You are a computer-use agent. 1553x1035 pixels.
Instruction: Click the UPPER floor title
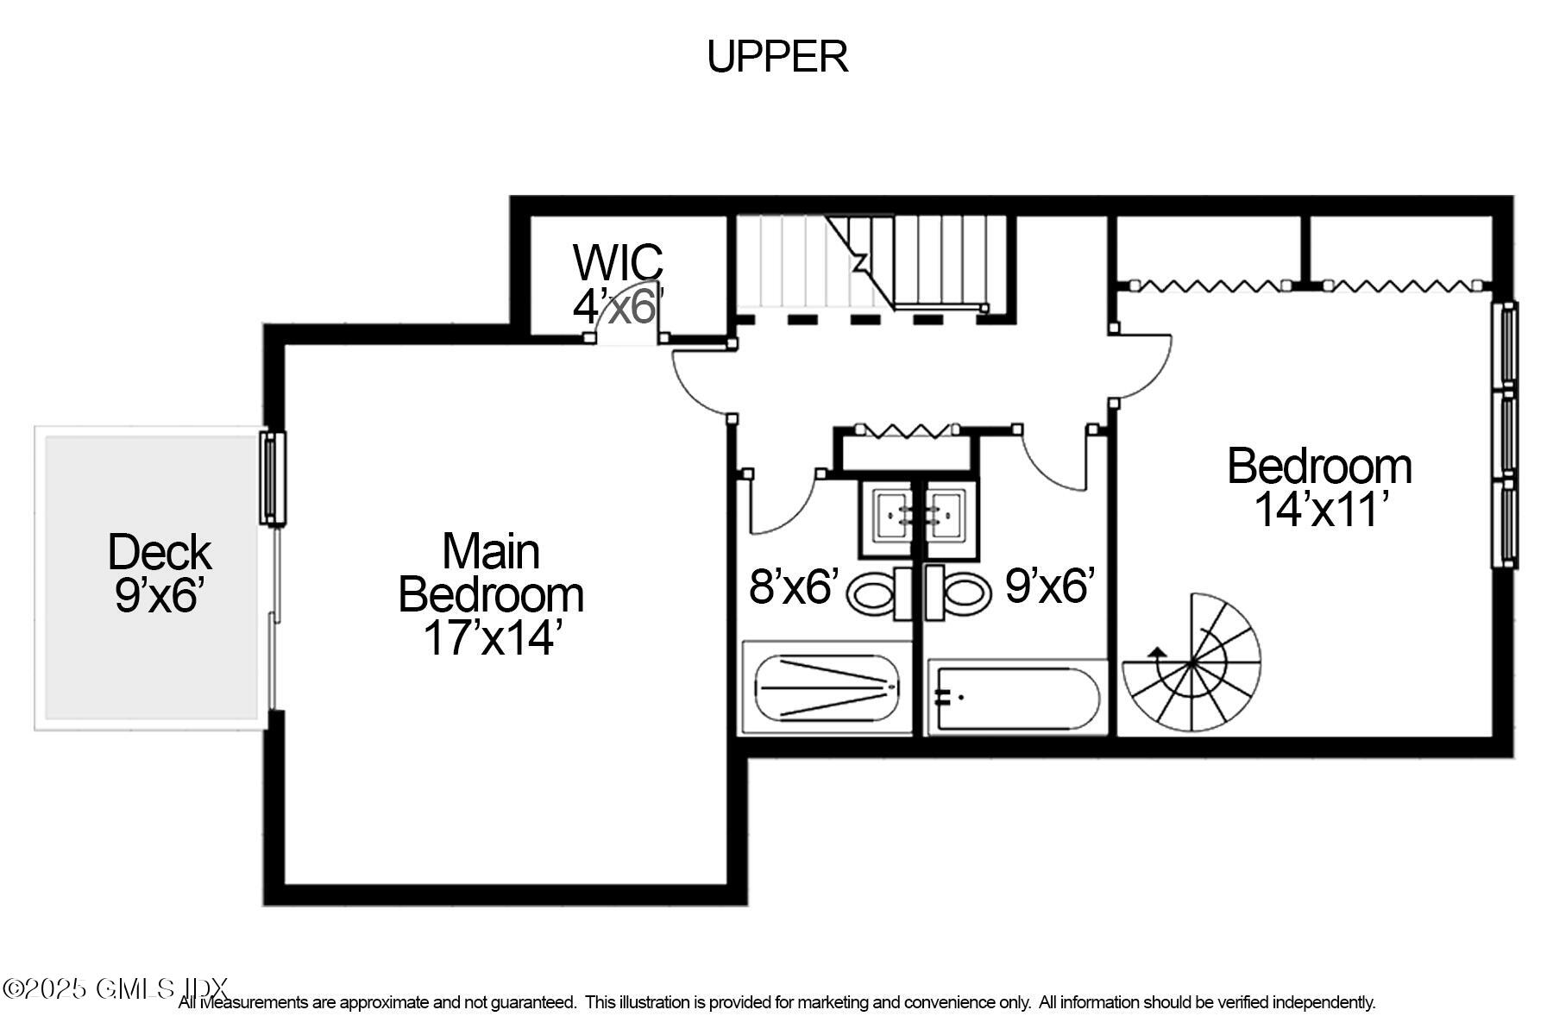(777, 57)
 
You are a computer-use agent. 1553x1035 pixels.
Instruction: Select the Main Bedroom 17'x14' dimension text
(492, 638)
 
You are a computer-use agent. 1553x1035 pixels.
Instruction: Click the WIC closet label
(618, 261)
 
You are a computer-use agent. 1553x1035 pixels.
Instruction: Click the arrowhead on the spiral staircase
(1157, 653)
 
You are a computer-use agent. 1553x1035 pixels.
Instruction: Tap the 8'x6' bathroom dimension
(794, 586)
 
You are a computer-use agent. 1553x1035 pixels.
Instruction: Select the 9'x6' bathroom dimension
(1050, 586)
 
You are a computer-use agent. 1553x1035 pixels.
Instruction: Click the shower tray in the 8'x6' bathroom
(827, 687)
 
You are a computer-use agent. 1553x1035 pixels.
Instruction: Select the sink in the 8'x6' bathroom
(890, 516)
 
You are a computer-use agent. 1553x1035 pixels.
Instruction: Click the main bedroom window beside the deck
(273, 478)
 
